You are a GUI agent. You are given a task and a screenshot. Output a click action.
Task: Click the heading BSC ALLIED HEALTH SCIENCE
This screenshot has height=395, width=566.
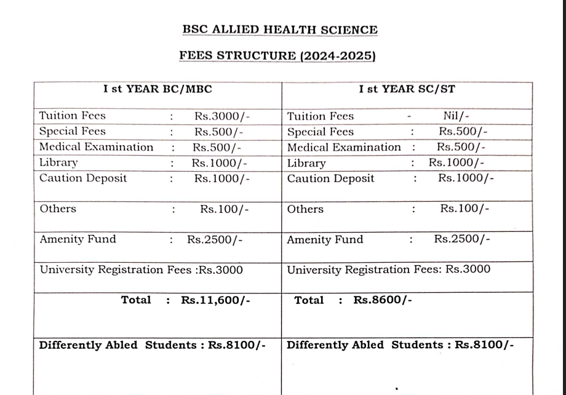280,30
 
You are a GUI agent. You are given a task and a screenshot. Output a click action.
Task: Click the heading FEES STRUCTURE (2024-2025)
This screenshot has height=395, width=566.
277,55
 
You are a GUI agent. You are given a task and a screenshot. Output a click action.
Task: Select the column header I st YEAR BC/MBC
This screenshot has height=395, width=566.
157,89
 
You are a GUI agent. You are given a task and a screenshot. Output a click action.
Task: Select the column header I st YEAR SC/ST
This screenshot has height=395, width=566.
407,89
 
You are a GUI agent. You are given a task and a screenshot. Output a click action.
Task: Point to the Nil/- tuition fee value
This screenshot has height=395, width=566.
456,116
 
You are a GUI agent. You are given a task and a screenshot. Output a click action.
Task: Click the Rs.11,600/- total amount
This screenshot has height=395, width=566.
215,300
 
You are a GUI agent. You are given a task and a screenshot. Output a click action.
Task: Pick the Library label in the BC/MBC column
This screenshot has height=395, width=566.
59,163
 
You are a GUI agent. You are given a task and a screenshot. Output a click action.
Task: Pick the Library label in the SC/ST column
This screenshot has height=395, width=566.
306,164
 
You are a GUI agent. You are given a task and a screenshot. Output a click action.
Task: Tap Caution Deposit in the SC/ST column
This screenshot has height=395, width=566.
330,178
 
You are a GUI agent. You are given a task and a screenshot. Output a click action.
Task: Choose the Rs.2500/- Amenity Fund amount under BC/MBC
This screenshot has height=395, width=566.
215,239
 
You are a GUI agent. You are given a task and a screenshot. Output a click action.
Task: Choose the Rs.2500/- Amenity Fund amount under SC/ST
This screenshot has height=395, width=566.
462,239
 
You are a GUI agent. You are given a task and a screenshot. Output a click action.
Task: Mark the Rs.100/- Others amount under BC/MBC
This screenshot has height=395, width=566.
225,209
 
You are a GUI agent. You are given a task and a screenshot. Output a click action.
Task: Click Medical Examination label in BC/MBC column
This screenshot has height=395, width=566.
96,147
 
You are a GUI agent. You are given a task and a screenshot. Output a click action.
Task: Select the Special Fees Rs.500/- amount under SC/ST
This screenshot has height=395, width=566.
463,132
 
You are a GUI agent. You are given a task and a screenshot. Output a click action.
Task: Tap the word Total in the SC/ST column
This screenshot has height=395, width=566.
309,300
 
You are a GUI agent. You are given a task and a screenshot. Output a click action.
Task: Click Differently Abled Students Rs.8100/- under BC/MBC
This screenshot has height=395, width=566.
152,345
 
